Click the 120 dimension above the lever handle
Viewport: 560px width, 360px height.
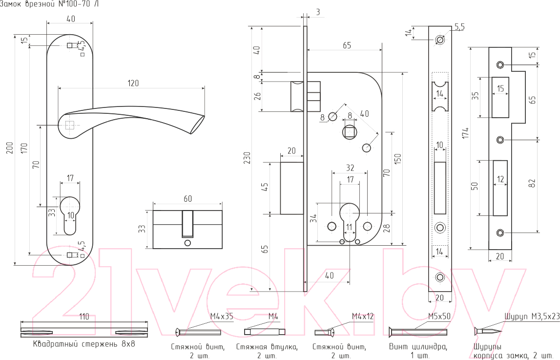tap(133, 83)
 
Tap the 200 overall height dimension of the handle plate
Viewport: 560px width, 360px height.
tap(10, 148)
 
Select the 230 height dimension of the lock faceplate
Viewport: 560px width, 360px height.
tap(247, 158)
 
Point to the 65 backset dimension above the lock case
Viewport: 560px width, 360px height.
tap(347, 45)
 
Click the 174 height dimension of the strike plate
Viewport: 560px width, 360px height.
tap(465, 133)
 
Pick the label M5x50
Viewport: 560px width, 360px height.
tap(439, 316)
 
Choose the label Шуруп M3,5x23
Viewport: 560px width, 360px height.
tap(532, 317)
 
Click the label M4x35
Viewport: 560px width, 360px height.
tap(222, 316)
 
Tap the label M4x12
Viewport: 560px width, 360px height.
tap(362, 316)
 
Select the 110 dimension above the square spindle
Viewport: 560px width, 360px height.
tap(84, 317)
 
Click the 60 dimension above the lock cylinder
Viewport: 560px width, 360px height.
tap(188, 199)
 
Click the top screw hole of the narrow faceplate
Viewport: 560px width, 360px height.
tap(440, 40)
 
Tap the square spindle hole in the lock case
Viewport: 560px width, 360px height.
tap(349, 132)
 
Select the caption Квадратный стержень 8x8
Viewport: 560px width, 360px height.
tap(84, 344)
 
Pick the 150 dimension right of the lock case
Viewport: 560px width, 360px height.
tap(398, 159)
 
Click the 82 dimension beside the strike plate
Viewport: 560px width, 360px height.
tap(533, 183)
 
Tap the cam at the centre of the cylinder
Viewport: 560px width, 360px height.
tap(187, 223)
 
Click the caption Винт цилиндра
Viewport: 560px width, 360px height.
tap(418, 346)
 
